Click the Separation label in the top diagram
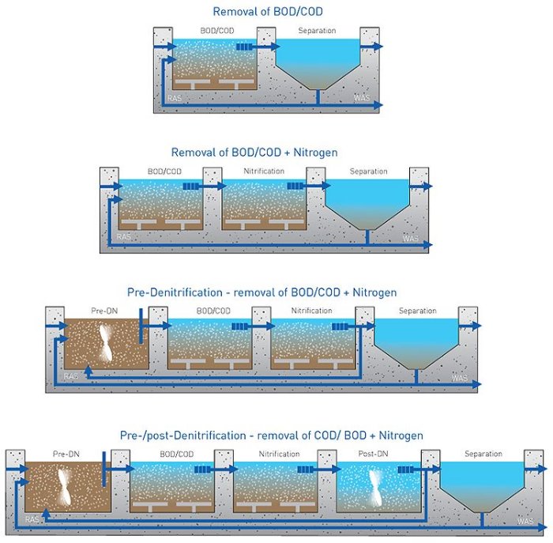click(x=317, y=31)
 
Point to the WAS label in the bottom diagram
click(x=525, y=521)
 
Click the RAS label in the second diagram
click(x=123, y=236)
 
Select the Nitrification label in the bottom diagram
click(x=280, y=454)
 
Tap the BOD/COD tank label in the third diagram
click(x=213, y=311)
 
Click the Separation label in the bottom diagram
click(x=483, y=454)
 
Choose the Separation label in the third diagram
click(x=417, y=311)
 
